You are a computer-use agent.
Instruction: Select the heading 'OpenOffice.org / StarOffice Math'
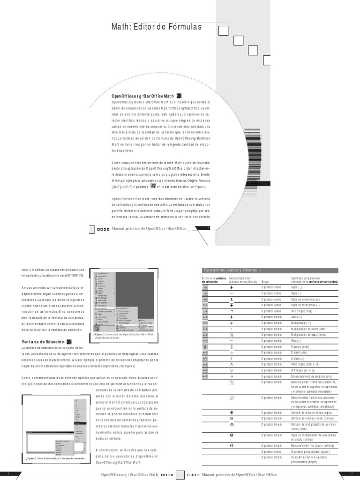(x=142, y=96)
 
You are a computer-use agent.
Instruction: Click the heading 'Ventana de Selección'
(x=43, y=342)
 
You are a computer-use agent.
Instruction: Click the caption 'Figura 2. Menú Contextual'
(x=55, y=458)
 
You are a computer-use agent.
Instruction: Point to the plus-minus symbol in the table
(x=232, y=299)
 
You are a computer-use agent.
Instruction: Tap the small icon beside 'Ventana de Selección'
(x=69, y=342)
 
